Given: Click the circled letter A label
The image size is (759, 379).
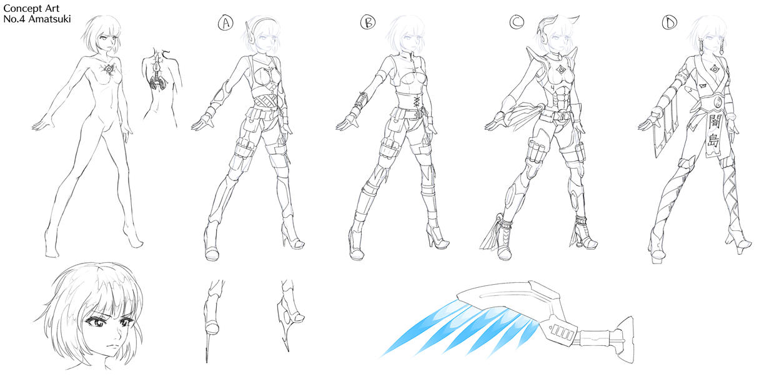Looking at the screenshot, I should coord(225,24).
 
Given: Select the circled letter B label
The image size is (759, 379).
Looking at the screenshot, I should coord(368,23).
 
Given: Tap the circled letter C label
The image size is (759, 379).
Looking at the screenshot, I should coord(516,23).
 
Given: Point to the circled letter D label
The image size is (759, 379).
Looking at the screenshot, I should coord(670,23).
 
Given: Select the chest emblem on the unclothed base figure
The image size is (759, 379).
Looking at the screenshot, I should coord(109,69).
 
